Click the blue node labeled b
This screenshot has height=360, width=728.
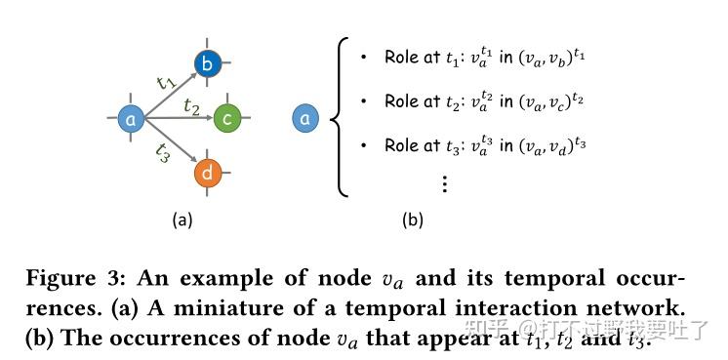208,64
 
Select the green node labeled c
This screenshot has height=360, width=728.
227,119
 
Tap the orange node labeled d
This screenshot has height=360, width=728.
209,173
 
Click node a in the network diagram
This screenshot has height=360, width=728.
131,119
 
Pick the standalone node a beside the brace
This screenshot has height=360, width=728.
305,119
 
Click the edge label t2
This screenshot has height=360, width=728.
191,108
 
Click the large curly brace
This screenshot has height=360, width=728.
341,117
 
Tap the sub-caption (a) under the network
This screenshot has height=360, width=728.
182,220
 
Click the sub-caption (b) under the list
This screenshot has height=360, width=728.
412,220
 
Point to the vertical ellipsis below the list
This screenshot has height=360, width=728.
444,182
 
